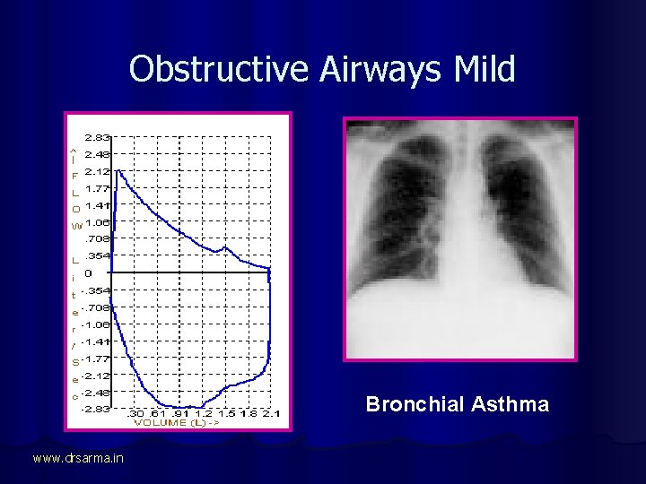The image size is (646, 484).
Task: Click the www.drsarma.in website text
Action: click(78, 459)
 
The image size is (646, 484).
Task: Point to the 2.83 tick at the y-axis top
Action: click(97, 138)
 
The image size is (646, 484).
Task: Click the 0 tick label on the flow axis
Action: click(88, 272)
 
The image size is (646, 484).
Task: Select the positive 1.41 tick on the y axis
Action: click(97, 205)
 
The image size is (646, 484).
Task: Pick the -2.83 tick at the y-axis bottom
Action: click(95, 409)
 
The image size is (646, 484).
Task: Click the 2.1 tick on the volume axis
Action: click(271, 413)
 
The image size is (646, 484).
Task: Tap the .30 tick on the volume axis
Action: click(136, 413)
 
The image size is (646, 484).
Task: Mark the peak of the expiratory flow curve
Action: click(118, 169)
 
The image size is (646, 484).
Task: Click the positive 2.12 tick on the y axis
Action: click(97, 171)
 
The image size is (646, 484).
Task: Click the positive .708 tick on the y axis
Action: click(97, 238)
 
